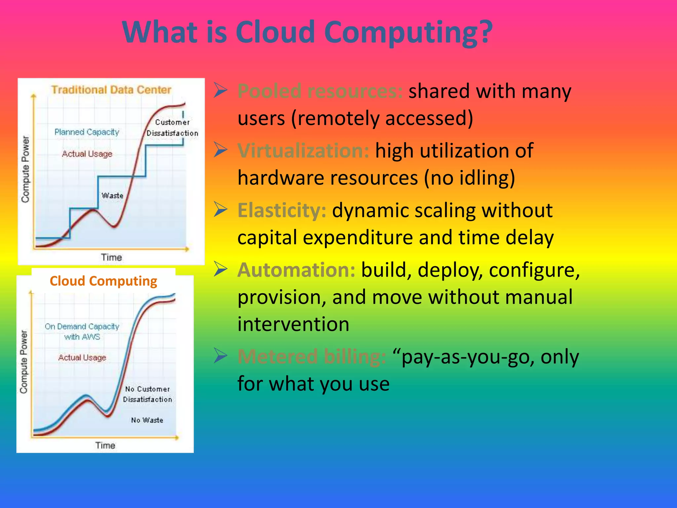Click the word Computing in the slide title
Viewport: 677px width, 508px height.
(x=408, y=32)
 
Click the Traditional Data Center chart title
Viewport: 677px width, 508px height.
(x=111, y=90)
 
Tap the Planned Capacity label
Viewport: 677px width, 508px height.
(x=87, y=132)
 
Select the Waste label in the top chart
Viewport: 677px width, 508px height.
(x=112, y=195)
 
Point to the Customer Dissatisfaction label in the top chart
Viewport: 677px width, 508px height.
(x=172, y=128)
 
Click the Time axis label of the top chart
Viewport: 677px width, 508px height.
(x=111, y=257)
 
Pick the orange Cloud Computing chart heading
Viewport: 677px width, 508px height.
(x=103, y=281)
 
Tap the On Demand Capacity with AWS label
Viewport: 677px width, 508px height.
(x=82, y=331)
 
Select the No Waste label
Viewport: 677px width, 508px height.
(x=147, y=420)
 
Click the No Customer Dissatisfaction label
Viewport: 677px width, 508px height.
(x=147, y=394)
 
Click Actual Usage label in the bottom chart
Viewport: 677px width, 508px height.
(x=82, y=358)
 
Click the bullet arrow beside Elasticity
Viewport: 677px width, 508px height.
(x=220, y=210)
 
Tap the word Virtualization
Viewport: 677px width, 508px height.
(x=303, y=151)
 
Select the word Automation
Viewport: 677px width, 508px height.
(x=296, y=270)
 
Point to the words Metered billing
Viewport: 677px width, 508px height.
(x=312, y=357)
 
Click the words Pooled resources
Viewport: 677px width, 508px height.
(x=320, y=91)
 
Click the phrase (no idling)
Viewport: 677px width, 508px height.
(x=469, y=178)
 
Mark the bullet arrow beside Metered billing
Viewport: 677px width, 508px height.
(x=220, y=356)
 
